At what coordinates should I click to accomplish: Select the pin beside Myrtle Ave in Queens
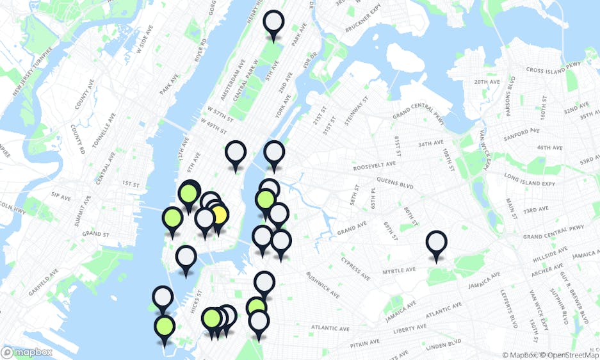(x=436, y=243)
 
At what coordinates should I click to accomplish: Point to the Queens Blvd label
(x=398, y=181)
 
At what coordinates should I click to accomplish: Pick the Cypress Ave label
(x=355, y=269)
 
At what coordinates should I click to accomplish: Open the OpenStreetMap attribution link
(x=569, y=355)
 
